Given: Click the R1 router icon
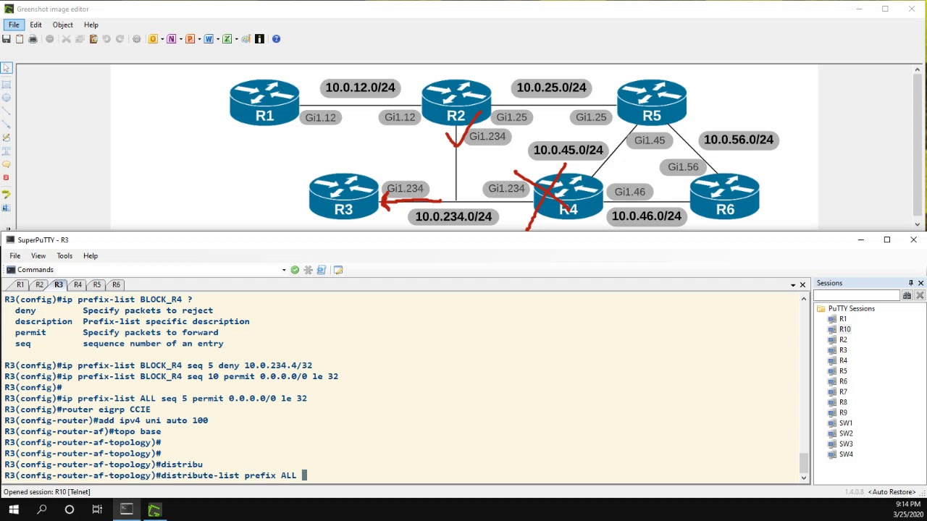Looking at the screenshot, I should point(264,103).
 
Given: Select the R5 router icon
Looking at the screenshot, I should point(651,103).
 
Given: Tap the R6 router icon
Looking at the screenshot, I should point(724,196).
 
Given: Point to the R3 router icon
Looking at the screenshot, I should point(343,196).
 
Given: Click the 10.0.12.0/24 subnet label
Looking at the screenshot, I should point(360,88).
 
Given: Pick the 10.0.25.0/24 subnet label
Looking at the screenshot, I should point(551,88).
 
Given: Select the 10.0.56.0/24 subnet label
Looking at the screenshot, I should point(738,140).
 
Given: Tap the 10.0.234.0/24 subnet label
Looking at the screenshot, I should point(453,216).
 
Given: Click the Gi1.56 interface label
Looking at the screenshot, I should point(683,167).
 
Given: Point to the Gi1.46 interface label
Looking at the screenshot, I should point(629,192).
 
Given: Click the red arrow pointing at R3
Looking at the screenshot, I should point(409,203).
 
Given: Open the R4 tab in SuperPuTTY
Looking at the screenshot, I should point(77,284).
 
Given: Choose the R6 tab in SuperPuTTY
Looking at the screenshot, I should point(116,284).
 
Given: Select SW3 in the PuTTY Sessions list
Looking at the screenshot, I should point(845,444).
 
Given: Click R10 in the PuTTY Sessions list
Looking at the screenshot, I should point(844,329).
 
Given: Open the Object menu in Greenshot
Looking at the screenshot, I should point(62,25).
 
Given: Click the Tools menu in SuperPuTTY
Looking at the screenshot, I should point(64,255).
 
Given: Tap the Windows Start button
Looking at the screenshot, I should point(13,510).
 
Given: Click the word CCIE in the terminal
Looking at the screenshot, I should point(140,410).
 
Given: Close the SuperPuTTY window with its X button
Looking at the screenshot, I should point(913,240).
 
